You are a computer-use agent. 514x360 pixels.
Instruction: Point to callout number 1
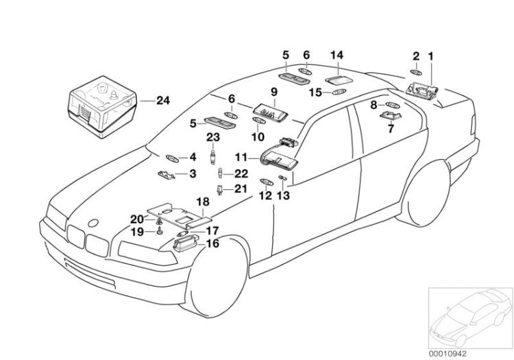pyautogui.click(x=431, y=55)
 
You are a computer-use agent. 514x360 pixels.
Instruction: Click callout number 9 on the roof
pyautogui.click(x=273, y=92)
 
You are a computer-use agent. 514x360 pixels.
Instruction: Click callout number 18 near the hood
pyautogui.click(x=203, y=202)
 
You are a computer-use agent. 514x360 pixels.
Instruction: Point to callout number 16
pyautogui.click(x=213, y=243)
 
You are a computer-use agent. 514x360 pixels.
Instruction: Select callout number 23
pyautogui.click(x=213, y=138)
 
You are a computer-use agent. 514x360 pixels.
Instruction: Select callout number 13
pyautogui.click(x=283, y=196)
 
